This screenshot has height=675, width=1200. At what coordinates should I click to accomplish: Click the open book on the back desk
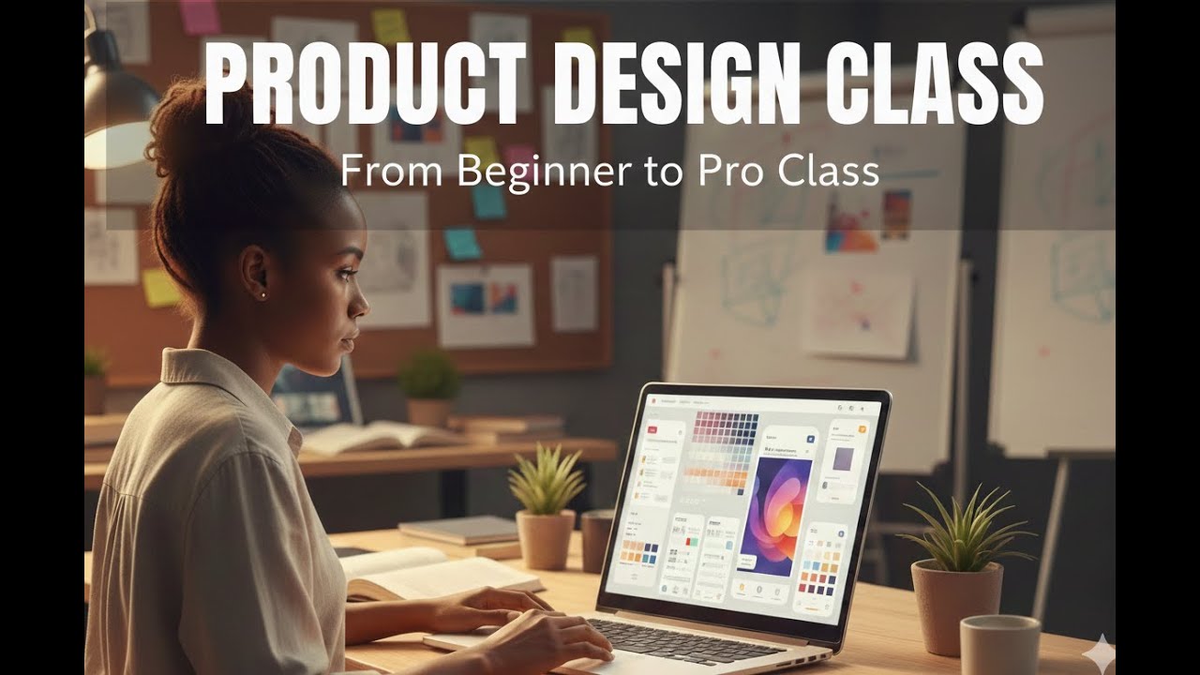click(375, 437)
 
